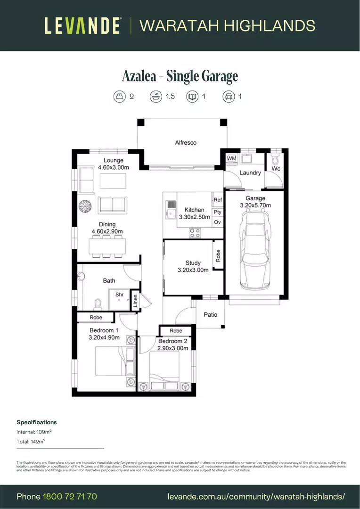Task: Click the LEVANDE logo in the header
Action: tap(83, 25)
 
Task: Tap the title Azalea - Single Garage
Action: tap(180, 76)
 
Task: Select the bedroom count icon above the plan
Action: tap(120, 97)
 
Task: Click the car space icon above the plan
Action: tap(229, 97)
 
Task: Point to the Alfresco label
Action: tap(186, 142)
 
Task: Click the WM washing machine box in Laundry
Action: tap(231, 159)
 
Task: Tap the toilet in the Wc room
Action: tap(276, 159)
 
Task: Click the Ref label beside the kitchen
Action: tap(218, 200)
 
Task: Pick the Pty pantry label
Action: tap(218, 212)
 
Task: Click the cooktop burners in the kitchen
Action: tap(195, 233)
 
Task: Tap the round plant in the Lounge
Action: tap(85, 206)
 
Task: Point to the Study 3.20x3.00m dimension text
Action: tap(193, 270)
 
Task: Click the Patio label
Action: tap(210, 314)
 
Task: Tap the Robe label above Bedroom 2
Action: tap(176, 331)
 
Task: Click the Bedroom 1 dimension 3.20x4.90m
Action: tap(104, 337)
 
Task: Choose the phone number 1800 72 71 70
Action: tap(70, 496)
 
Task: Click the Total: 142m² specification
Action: tap(31, 442)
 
